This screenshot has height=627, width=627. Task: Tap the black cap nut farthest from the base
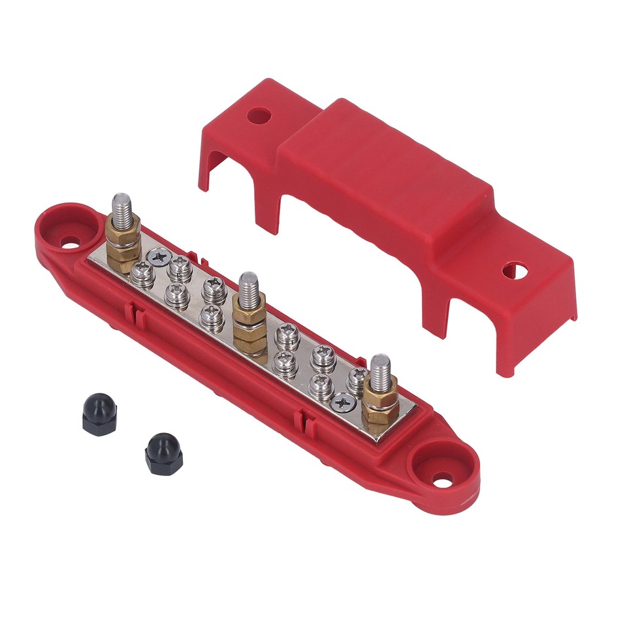[x=99, y=414]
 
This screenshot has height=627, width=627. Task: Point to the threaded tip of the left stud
[x=122, y=205]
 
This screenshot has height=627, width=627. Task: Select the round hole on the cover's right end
[x=514, y=270]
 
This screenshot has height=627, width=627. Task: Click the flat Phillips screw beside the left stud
[x=157, y=257]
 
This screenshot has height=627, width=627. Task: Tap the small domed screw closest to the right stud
[x=357, y=378]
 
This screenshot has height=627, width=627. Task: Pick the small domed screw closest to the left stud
[x=141, y=270]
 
